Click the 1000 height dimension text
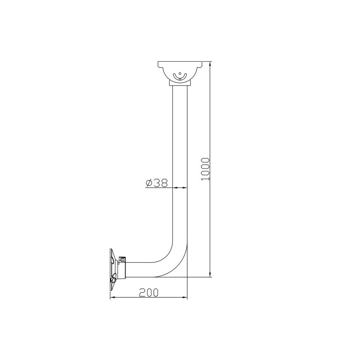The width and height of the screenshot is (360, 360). [206, 168]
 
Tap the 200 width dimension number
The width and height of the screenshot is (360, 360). [148, 292]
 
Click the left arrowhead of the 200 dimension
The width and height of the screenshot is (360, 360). [112, 298]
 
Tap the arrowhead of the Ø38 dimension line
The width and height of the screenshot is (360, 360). [185, 187]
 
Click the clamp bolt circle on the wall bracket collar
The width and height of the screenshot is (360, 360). [123, 260]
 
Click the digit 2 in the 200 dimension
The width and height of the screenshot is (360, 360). [142, 292]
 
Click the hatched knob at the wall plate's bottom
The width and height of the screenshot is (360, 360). [114, 279]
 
